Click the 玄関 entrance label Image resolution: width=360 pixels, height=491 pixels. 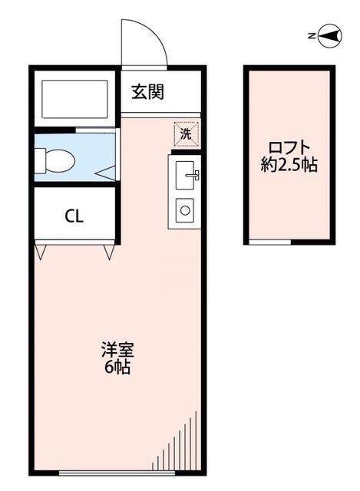pyautogui.click(x=147, y=94)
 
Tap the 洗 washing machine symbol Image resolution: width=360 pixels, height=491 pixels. pyautogui.click(x=186, y=132)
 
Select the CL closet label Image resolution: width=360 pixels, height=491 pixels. pyautogui.click(x=74, y=216)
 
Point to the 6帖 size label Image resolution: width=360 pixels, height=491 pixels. pyautogui.click(x=117, y=367)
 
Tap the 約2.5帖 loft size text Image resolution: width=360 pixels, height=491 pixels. pyautogui.click(x=289, y=165)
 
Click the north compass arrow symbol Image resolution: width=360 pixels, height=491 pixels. pyautogui.click(x=331, y=35)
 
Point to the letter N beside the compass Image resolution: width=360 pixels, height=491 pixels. pyautogui.click(x=311, y=35)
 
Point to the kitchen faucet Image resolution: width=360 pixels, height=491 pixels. pyautogui.click(x=194, y=175)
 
